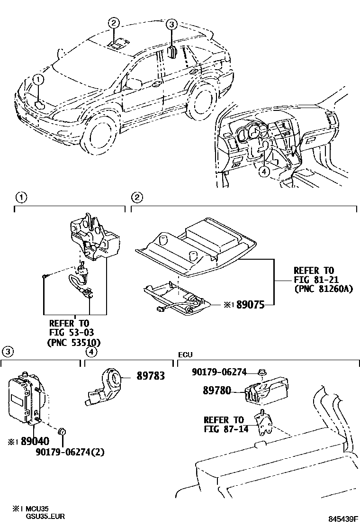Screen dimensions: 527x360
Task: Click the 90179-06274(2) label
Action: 70,452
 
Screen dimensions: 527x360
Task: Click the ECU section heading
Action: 185,355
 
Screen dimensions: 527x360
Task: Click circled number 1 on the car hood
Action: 38,81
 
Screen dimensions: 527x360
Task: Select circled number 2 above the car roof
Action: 114,23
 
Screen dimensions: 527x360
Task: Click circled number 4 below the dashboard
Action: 264,173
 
